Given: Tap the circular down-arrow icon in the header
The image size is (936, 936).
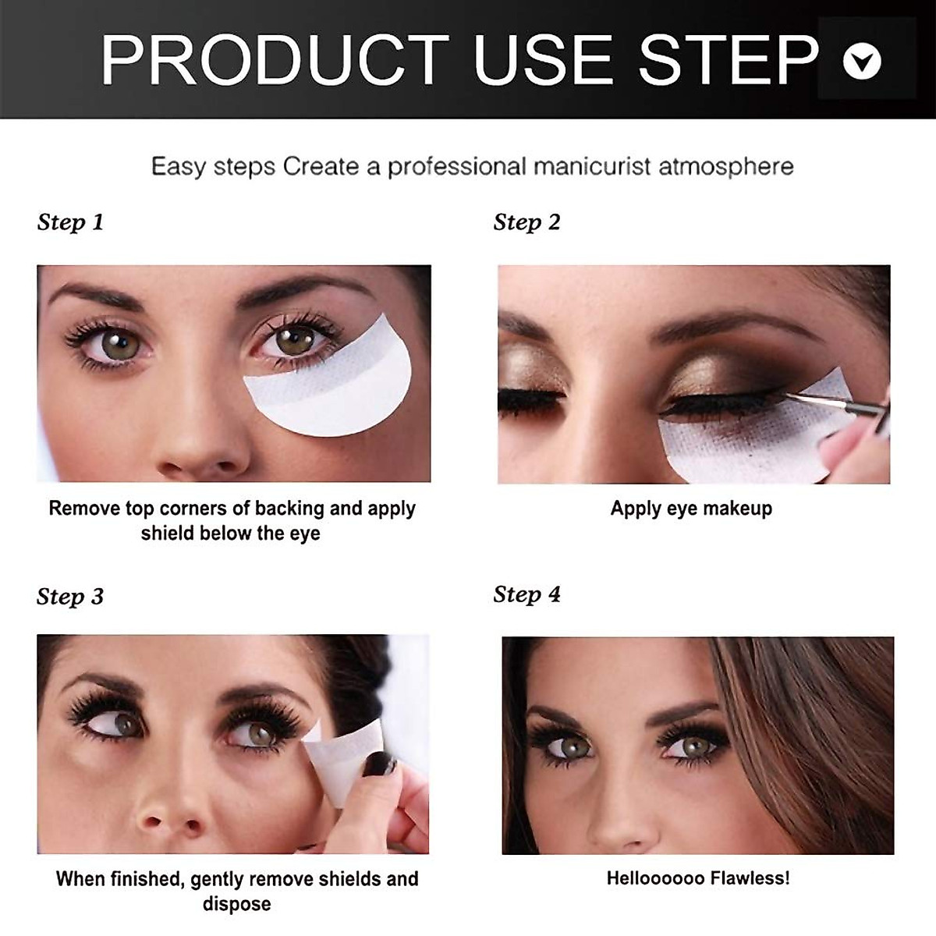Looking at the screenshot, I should [862, 61].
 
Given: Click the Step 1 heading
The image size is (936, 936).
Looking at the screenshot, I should [70, 222].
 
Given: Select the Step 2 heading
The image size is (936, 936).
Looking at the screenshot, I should [526, 222].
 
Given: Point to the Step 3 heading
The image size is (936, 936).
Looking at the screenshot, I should [70, 597].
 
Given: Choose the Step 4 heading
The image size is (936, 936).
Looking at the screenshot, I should [526, 594].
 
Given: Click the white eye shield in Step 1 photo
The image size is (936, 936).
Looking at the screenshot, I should [335, 390].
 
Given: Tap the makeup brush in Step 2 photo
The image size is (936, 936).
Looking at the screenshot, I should [835, 406].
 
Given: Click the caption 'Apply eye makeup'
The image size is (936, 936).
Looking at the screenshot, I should [691, 509].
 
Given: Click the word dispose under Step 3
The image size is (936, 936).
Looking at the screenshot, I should [236, 905].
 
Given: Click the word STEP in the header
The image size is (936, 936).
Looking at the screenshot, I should [729, 59].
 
